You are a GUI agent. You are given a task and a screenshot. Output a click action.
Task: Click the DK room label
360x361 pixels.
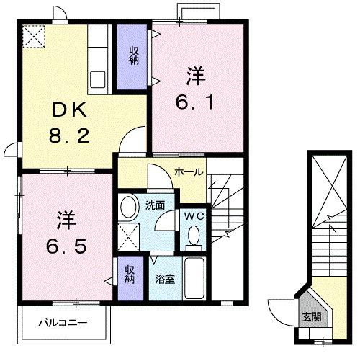70,110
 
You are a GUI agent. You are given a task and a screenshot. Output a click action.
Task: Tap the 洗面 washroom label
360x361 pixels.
155,205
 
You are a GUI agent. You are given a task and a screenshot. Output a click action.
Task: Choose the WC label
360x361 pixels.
192,215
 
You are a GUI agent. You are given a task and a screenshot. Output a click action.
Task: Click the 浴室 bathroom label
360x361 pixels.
164,277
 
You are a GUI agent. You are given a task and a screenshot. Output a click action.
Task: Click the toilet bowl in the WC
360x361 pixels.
193,235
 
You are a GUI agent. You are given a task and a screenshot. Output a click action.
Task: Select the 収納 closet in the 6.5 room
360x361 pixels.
130,275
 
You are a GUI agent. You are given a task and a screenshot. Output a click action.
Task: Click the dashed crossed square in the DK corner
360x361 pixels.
34,36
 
